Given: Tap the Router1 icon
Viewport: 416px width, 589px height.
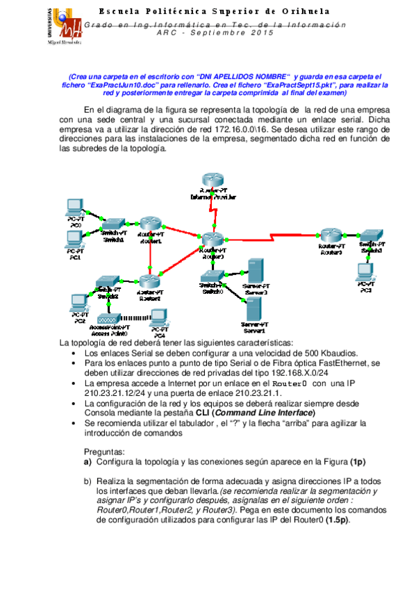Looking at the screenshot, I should click(150, 224).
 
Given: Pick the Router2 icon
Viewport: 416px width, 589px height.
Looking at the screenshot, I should click(149, 281).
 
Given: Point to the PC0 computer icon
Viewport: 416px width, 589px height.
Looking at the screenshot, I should click(74, 208).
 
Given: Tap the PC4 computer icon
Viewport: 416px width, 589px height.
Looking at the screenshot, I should click(160, 321).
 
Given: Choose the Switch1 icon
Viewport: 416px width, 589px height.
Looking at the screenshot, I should click(113, 224).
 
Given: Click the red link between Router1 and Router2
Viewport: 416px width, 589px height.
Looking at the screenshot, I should click(149, 252).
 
